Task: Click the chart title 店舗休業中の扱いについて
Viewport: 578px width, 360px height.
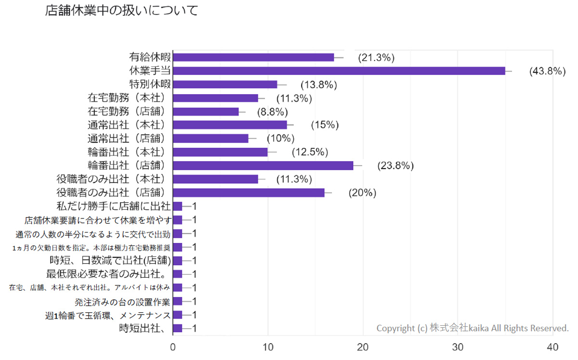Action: point(121,11)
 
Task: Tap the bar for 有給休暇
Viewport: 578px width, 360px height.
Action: point(253,57)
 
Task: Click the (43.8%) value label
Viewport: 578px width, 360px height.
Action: point(547,71)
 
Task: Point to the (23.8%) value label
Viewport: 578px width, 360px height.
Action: point(396,166)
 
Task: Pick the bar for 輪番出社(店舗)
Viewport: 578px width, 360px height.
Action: point(263,166)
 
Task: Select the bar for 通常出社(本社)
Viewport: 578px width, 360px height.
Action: point(230,125)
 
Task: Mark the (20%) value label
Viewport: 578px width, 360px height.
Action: point(362,193)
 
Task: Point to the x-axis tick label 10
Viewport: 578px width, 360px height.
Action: point(268,347)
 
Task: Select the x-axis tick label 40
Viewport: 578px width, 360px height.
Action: point(553,347)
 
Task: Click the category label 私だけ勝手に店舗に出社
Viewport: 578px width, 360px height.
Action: point(114,206)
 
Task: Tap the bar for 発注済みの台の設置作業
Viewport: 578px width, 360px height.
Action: point(178,301)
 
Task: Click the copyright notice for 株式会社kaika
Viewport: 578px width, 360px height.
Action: point(472,328)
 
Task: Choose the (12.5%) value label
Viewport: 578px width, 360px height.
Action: point(310,153)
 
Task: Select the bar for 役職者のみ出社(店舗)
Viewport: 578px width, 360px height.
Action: point(249,193)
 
